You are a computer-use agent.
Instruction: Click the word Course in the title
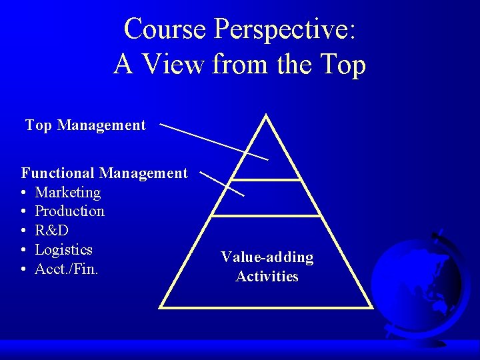pyautogui.click(x=165, y=29)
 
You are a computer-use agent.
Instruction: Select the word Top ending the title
pyautogui.click(x=343, y=65)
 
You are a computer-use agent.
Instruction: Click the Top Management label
pyautogui.click(x=85, y=125)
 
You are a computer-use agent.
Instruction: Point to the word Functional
pyautogui.click(x=58, y=173)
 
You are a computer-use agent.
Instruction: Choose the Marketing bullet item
pyautogui.click(x=67, y=193)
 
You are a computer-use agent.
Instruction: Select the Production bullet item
pyautogui.click(x=69, y=211)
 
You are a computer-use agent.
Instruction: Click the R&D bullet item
pyautogui.click(x=51, y=231)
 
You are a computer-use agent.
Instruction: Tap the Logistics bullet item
pyautogui.click(x=63, y=250)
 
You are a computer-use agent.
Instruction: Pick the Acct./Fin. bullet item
pyautogui.click(x=67, y=269)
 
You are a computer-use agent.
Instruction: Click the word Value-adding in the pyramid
pyautogui.click(x=267, y=257)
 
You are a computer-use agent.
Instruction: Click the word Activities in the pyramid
pyautogui.click(x=267, y=276)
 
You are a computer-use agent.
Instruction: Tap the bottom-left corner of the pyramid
pyautogui.click(x=161, y=306)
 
